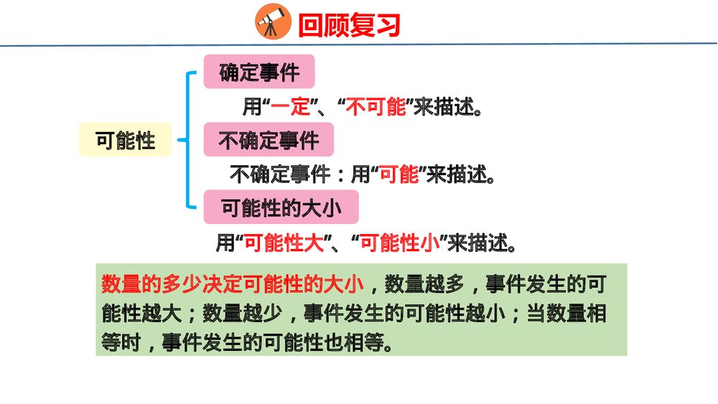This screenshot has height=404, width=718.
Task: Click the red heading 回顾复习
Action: (x=349, y=26)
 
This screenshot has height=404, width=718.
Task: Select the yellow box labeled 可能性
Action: (x=126, y=140)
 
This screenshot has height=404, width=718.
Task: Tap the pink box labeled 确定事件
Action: (x=259, y=72)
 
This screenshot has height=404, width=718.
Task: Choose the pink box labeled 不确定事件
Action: (x=269, y=140)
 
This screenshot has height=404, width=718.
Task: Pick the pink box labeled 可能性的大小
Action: (x=280, y=208)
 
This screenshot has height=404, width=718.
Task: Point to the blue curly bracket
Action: (x=188, y=139)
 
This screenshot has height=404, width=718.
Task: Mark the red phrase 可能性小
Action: (x=399, y=243)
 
